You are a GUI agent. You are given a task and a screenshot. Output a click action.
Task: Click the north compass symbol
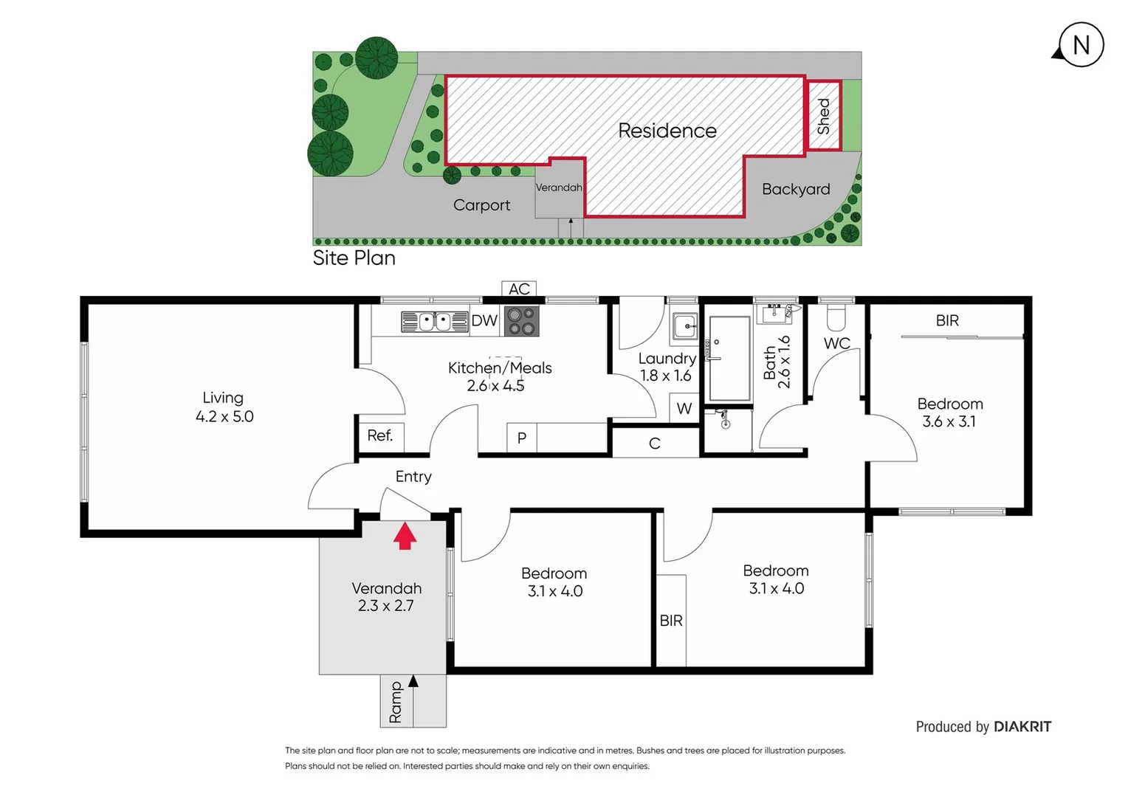1080,45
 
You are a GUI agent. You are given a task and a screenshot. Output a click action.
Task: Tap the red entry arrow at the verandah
405,536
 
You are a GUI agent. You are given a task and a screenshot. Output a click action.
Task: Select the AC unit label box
519,289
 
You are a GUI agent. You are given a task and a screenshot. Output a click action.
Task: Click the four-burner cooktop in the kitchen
521,321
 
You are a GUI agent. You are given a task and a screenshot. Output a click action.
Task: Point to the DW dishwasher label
484,321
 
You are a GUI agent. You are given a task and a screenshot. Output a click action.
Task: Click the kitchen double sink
436,322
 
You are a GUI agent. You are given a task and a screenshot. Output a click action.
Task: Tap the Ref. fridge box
380,435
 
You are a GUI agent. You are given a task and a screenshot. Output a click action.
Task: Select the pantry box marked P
522,438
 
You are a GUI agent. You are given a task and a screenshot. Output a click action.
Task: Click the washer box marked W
684,408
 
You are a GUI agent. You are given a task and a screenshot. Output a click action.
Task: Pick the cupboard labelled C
655,444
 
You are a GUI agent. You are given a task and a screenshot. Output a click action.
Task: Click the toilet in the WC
836,317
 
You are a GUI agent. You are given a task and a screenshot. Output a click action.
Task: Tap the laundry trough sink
686,326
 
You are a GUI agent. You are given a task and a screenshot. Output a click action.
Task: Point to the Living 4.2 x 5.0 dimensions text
224,417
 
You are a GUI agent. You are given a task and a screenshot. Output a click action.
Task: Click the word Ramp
396,702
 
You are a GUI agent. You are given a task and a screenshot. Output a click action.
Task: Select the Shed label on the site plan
823,116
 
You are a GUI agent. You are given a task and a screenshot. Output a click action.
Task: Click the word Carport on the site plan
481,205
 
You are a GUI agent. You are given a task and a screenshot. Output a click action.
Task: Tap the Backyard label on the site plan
796,189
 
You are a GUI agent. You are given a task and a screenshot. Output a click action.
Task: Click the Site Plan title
354,258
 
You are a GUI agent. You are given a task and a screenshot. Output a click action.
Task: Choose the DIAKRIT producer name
1022,727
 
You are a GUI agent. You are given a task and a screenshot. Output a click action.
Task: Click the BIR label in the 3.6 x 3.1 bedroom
947,320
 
